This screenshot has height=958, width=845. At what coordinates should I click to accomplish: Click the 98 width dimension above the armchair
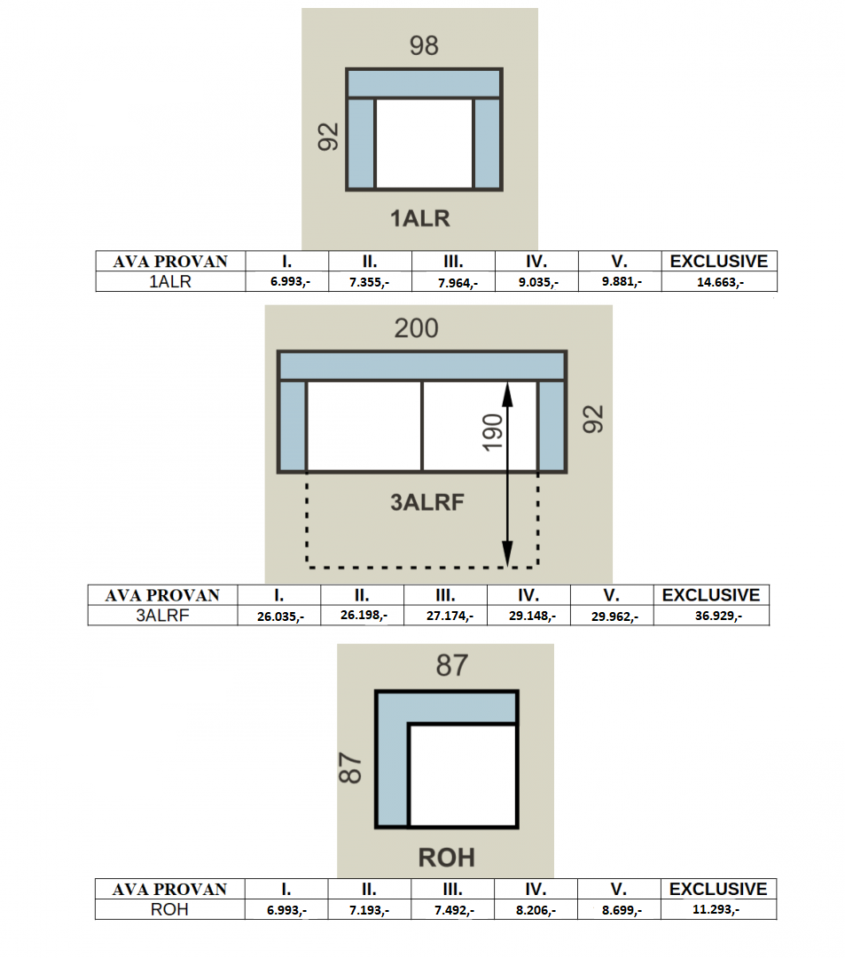424,46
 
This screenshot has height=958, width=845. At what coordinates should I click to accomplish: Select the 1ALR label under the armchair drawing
420,218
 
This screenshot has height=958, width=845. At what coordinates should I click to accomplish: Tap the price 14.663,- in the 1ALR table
720,282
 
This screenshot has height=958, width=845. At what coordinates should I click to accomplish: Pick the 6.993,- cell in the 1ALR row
290,282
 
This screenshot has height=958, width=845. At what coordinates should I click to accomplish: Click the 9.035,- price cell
538,282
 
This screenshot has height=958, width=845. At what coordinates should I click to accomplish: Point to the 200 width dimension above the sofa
416,328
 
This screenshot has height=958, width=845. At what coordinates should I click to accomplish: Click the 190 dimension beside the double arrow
493,433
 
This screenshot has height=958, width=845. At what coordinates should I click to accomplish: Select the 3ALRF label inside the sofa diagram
427,502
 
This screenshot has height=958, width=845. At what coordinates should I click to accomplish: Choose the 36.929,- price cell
718,616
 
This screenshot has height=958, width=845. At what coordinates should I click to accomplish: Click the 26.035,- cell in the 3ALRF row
280,616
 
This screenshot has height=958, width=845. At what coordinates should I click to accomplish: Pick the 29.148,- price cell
532,616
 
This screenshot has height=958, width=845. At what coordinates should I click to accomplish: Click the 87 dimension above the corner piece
452,664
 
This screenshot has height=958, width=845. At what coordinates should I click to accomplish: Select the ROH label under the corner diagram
446,857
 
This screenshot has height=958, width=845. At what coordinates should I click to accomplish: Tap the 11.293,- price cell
716,909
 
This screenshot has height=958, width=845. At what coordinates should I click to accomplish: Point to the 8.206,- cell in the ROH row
536,910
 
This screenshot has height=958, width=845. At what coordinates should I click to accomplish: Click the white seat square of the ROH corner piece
462,775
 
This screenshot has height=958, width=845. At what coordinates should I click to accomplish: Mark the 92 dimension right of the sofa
593,419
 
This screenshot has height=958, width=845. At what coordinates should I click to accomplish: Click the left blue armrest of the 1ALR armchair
361,143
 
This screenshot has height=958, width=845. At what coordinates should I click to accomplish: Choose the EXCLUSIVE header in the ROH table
718,889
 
